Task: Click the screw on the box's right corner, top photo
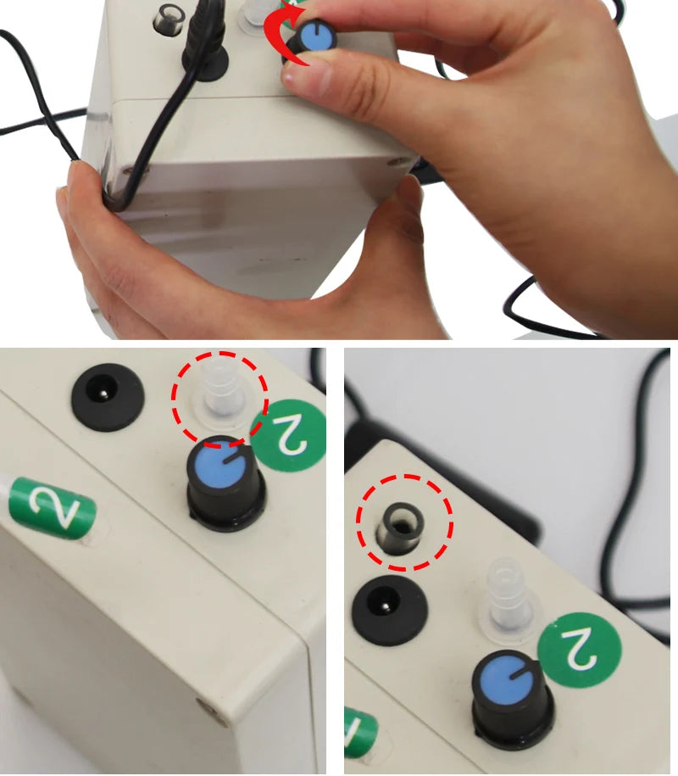391,159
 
